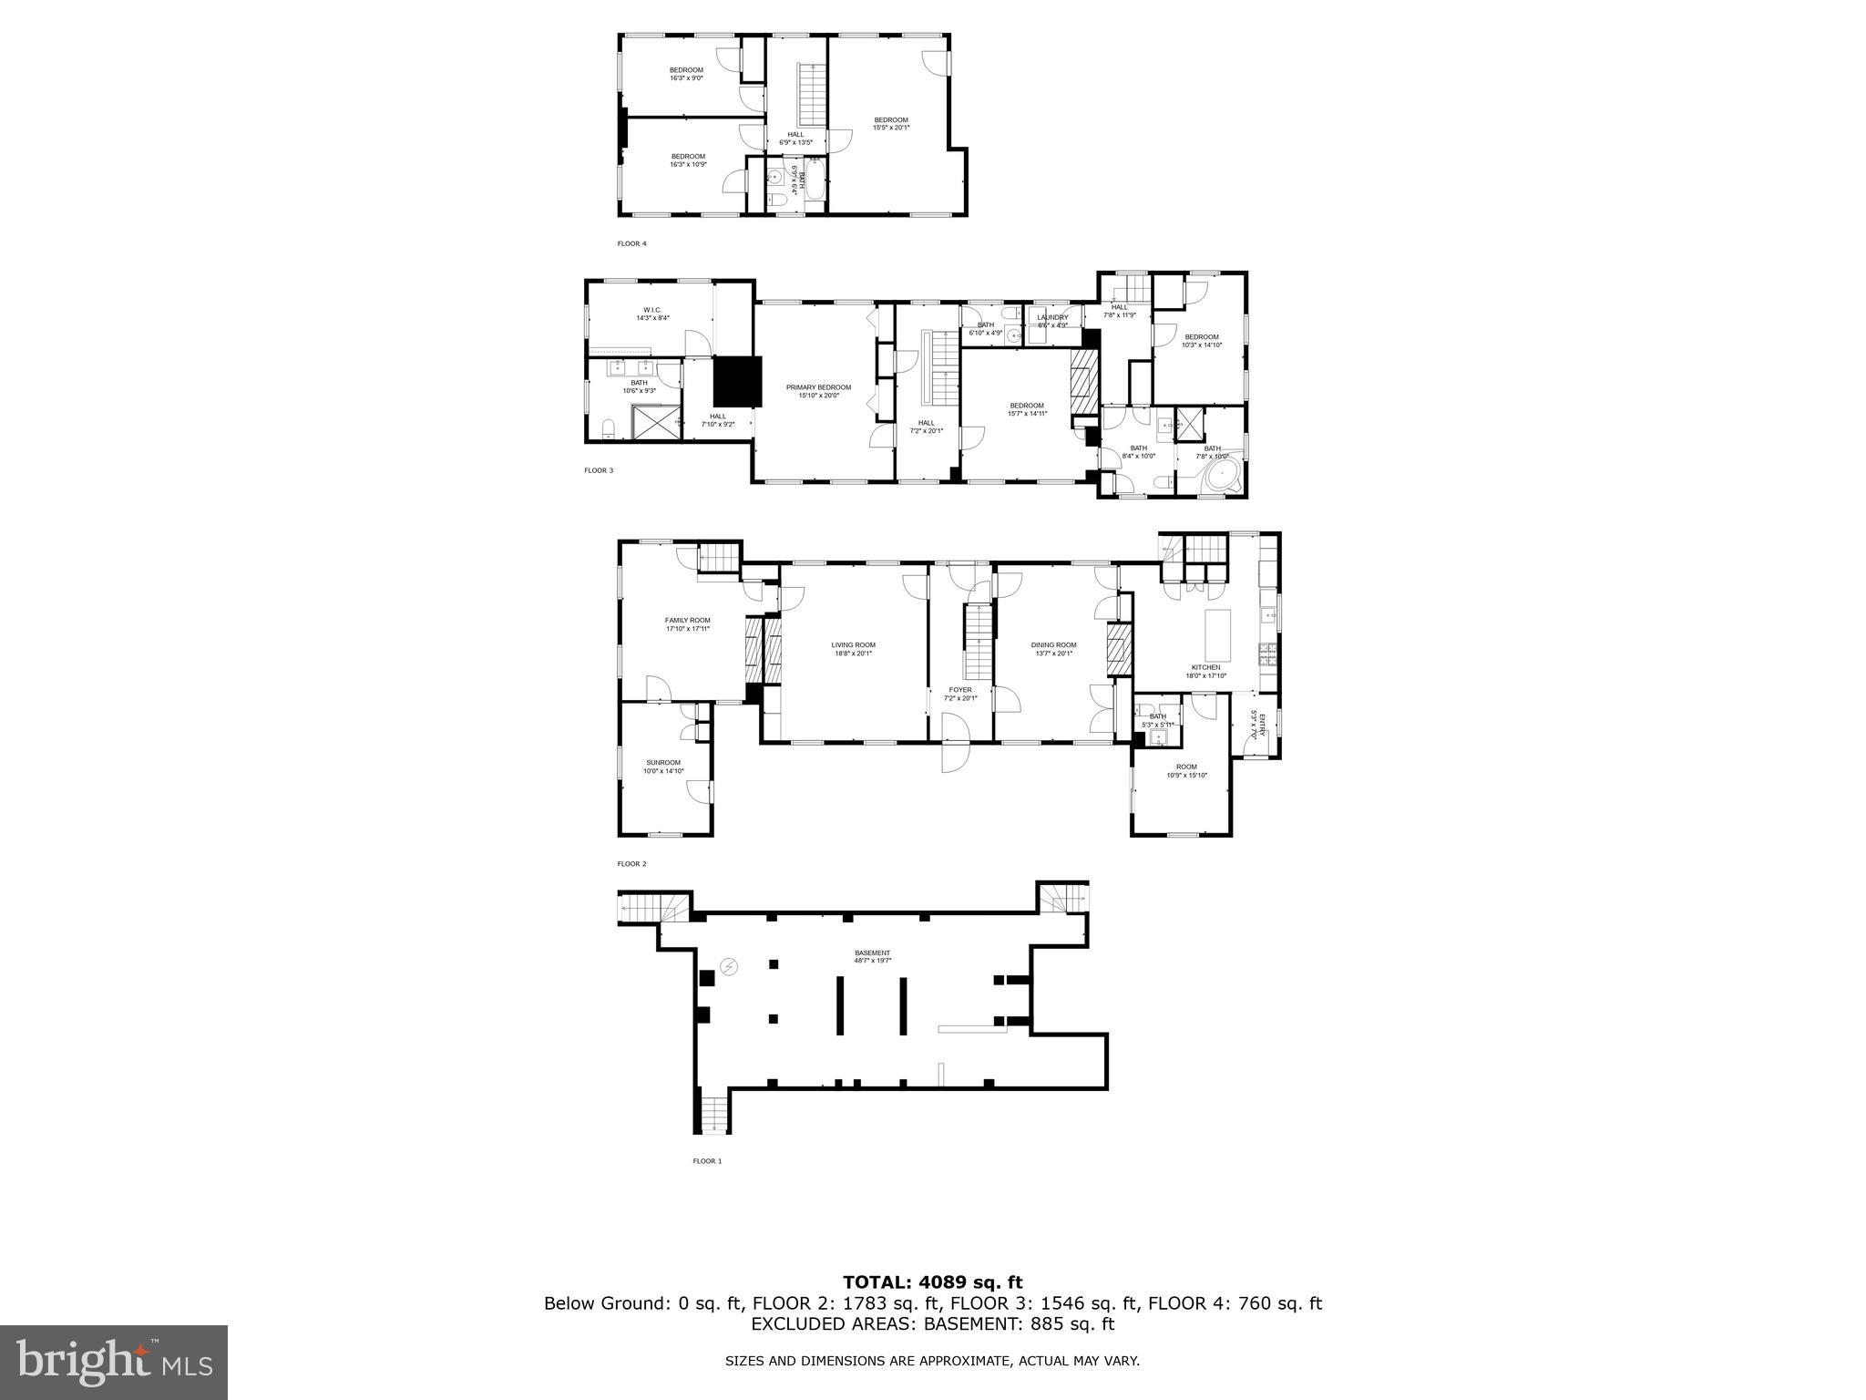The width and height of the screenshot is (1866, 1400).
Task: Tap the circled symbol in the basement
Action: pyautogui.click(x=729, y=967)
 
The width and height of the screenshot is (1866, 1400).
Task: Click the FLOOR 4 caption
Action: pyautogui.click(x=631, y=243)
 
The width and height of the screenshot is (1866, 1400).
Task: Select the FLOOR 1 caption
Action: pyautogui.click(x=707, y=1161)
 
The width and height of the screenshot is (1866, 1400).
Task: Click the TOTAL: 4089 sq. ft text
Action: pyautogui.click(x=932, y=1282)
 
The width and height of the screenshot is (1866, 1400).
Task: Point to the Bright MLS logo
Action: pyautogui.click(x=114, y=1362)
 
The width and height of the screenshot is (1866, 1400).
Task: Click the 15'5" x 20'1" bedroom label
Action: pyautogui.click(x=891, y=124)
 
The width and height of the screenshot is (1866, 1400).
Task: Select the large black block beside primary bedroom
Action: pyautogui.click(x=736, y=382)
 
